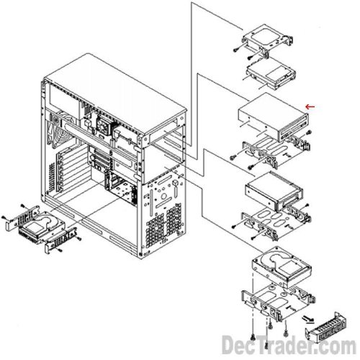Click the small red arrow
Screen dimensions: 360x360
[310, 107]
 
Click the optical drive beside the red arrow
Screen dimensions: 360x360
[274, 117]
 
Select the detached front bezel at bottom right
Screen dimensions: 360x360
[326, 328]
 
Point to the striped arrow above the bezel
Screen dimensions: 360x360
[307, 319]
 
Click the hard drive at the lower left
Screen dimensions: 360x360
[41, 225]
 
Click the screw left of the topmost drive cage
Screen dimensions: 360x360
[236, 49]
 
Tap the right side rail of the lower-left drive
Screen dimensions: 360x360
[60, 240]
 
